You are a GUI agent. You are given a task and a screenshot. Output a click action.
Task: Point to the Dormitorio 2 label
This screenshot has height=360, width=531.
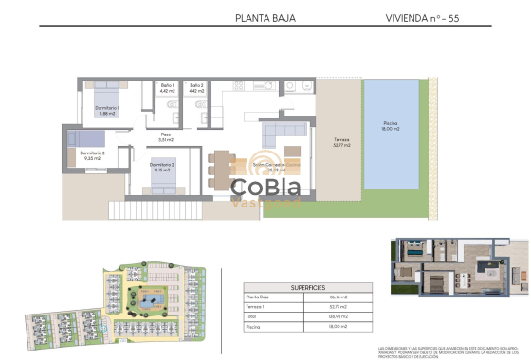click(x=162, y=167)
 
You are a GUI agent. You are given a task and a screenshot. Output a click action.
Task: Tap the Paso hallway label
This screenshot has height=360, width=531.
click(x=165, y=136)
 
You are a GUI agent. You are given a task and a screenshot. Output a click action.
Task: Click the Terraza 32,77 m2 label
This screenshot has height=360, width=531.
click(x=341, y=142)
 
